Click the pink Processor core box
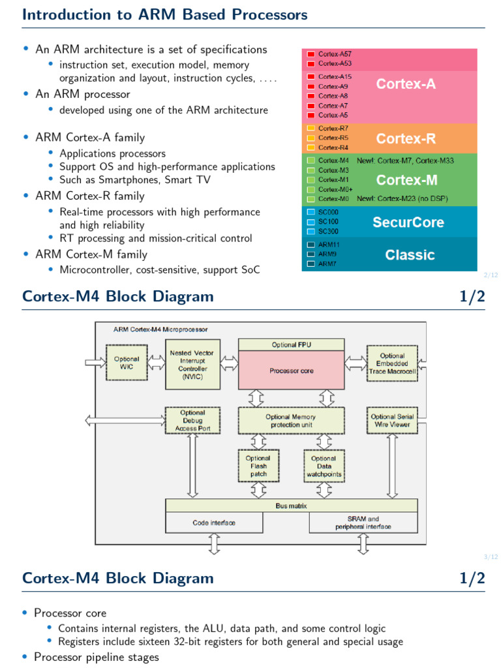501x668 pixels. pos(292,371)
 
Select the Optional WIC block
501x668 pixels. pos(127,363)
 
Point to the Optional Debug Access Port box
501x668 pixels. pos(192,421)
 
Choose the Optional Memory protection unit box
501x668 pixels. pos(290,421)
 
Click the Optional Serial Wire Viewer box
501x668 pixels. pos(391,421)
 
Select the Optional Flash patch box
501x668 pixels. pos(258,466)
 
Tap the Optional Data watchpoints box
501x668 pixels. pos(323,466)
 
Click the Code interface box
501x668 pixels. pos(214,523)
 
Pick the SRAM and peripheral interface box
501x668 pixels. pos(363,523)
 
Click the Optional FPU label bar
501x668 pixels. pos(292,344)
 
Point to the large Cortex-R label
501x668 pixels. pos(406,139)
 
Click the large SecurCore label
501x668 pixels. pos(408,222)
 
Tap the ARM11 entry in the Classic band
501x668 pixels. pos(328,245)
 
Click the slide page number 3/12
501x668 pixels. pos(491,556)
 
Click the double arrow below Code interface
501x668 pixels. pos(214,543)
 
